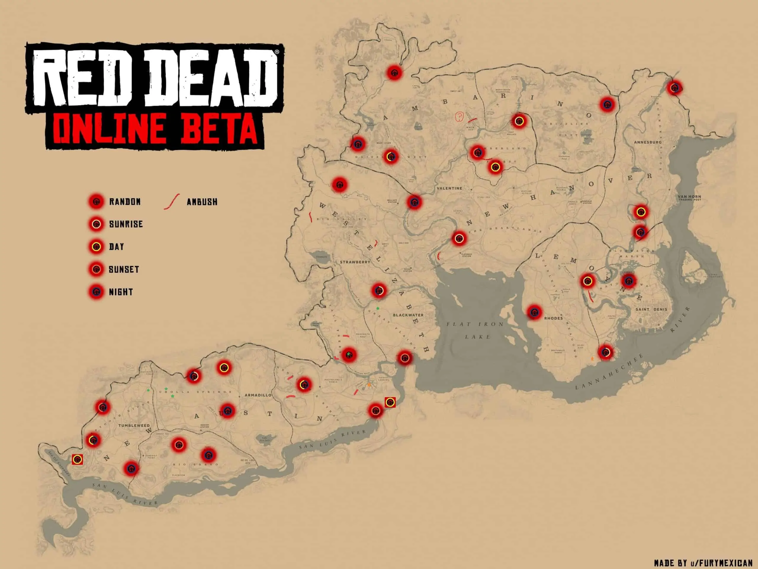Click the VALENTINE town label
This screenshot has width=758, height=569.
pos(449,188)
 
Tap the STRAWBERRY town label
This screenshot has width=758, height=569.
pos(355,262)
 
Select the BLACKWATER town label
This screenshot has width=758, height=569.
pos(408,315)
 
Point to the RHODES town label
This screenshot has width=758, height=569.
pos(553,318)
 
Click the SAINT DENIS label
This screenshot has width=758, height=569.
pos(651,309)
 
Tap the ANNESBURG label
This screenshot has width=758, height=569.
pos(647,142)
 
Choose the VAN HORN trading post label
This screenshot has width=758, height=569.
pos(689,198)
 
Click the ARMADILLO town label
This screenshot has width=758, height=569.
pos(258,395)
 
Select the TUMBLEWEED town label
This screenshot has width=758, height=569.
pos(134,425)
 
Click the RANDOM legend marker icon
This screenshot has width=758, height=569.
pos(96,202)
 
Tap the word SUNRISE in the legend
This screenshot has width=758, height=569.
pos(126,224)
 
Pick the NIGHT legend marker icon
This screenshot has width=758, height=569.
pos(96,292)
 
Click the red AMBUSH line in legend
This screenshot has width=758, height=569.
pos(172,202)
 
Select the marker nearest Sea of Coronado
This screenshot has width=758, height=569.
pos(78,460)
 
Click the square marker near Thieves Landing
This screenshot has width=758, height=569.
pos(390,402)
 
